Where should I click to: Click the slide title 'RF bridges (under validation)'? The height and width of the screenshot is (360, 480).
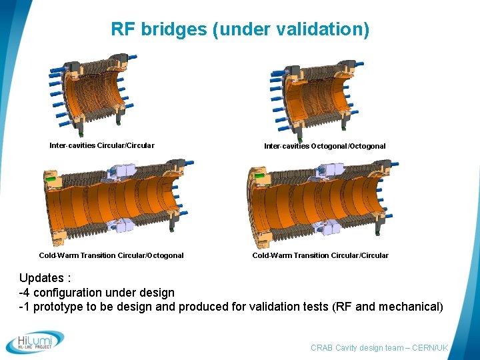tap(239, 29)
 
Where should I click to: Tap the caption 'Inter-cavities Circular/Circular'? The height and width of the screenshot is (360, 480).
tap(101, 145)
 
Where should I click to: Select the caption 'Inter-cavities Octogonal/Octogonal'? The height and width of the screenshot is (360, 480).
tap(325, 146)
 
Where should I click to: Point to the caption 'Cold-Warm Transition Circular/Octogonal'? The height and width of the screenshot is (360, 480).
tap(111, 255)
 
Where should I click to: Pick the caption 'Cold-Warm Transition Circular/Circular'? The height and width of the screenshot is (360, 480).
tap(320, 255)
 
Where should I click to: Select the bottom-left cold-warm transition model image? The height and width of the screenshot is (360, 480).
tap(113, 200)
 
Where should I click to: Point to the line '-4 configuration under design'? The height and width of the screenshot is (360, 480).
tap(97, 292)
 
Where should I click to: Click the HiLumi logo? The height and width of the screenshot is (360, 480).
tap(35, 342)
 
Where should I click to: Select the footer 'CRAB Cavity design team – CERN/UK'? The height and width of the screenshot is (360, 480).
tap(379, 348)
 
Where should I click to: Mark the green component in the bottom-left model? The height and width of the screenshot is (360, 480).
tap(49, 179)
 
